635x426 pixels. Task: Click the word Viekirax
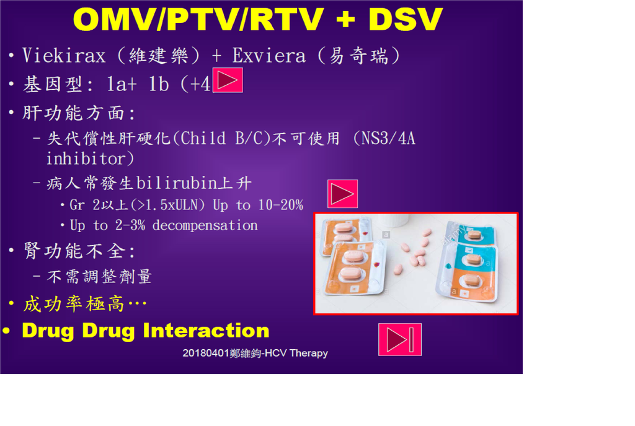(64, 55)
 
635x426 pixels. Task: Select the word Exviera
(269, 55)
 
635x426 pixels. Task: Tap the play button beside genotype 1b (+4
(228, 80)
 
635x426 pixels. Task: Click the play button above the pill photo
(342, 194)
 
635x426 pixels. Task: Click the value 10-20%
(281, 205)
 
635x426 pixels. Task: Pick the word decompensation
(205, 225)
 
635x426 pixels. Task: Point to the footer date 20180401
(206, 354)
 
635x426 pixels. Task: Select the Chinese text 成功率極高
(74, 303)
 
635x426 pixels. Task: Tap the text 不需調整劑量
(99, 276)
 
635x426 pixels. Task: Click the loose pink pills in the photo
(413, 253)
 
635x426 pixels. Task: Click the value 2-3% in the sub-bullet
(130, 225)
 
